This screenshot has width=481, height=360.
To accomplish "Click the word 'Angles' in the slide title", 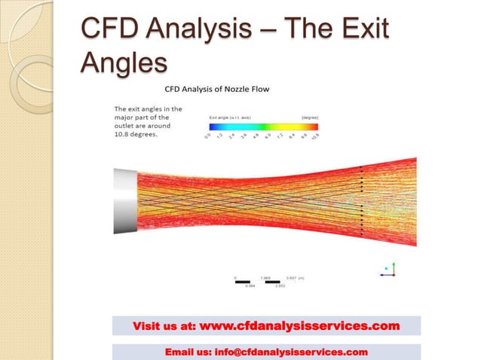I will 123,64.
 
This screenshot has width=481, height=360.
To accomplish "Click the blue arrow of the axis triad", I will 384,275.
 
